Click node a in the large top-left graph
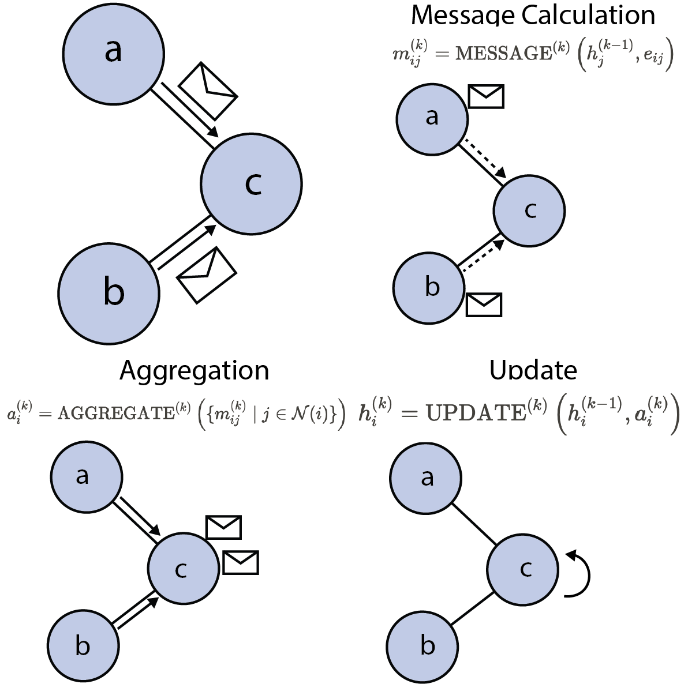pos(113,52)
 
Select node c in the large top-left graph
pos(252,183)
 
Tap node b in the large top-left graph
pos(110,292)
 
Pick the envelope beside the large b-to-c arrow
pos(207,275)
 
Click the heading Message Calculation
pos(533,16)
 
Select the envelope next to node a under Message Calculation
pos(486,96)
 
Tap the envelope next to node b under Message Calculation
pos(484,305)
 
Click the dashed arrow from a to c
pos(484,158)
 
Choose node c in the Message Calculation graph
pos(529,211)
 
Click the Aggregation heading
pos(194,370)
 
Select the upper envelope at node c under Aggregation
pos(223,527)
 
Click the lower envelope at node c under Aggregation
pos(241,562)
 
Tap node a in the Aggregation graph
pos(87,476)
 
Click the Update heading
pos(533,370)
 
